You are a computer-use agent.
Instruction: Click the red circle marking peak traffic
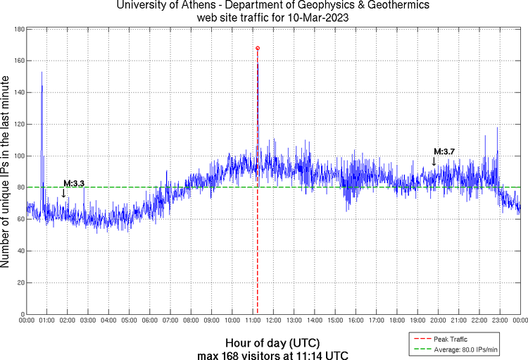(258, 48)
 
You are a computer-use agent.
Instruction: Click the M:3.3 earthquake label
(74, 184)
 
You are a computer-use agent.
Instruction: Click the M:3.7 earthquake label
(444, 151)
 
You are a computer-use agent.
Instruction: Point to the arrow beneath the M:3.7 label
(434, 162)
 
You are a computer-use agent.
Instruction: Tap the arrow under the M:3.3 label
(64, 194)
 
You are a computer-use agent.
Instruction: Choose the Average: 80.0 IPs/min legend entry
(461, 349)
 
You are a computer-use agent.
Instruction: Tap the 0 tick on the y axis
(22, 314)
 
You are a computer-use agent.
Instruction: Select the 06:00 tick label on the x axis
(150, 321)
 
